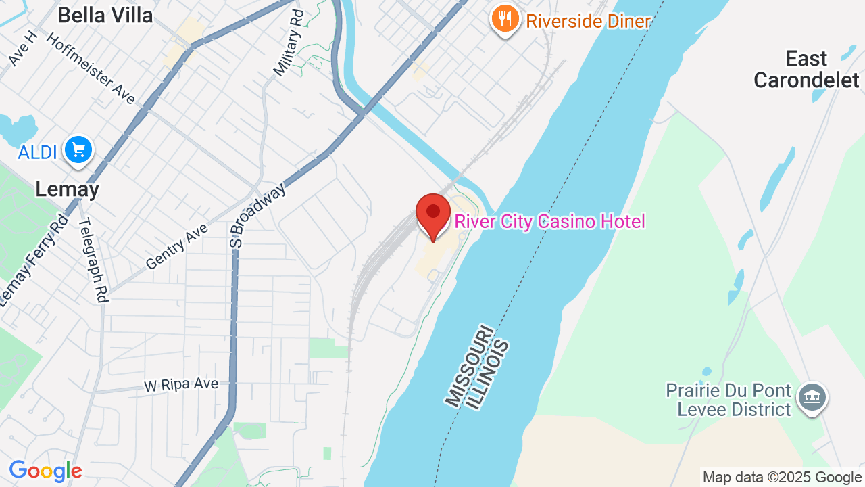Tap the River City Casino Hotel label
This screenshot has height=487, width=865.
tap(549, 222)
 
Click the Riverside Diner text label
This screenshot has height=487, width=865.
tap(588, 21)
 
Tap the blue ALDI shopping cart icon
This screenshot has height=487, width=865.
tap(78, 150)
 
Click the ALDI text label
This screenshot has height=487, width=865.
tap(37, 152)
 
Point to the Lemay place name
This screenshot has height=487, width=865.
tap(67, 189)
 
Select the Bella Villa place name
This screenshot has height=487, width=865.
tap(105, 15)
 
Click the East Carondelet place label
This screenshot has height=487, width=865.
tap(806, 70)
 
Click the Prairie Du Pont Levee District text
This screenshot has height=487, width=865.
tap(728, 400)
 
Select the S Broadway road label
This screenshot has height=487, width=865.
tap(257, 215)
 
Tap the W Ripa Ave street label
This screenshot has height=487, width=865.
tap(181, 384)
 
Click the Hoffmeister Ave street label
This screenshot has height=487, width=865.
tap(91, 68)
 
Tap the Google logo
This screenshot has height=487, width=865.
tap(45, 471)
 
